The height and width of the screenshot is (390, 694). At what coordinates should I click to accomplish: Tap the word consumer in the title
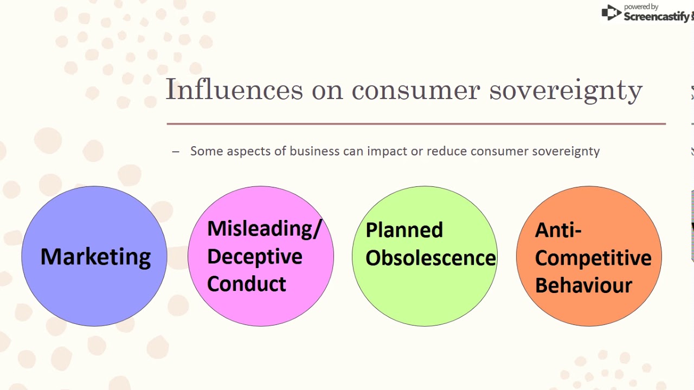[416, 90]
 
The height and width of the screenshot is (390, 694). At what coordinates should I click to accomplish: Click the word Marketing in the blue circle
[95, 257]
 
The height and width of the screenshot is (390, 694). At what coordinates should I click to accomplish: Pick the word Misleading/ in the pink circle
[264, 229]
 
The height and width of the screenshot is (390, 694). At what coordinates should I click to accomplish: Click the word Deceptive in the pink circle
[254, 256]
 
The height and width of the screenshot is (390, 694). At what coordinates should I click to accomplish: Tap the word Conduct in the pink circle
[246, 284]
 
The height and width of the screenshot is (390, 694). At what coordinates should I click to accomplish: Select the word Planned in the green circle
[404, 230]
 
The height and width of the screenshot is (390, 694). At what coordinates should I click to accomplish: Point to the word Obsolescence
[430, 258]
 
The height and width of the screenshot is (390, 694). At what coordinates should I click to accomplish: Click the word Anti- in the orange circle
[558, 230]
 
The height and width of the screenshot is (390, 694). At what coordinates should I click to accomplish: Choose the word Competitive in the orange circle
[593, 258]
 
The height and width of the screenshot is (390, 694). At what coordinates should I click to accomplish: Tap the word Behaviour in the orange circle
[583, 285]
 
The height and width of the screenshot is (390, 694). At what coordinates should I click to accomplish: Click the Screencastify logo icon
[611, 13]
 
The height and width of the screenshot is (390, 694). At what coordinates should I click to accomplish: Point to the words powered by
[641, 6]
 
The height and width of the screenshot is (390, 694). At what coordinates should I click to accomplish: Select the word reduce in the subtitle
[447, 151]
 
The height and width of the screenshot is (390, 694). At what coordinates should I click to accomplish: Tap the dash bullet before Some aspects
[175, 152]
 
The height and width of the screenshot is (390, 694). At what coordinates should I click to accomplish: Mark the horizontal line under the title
[416, 124]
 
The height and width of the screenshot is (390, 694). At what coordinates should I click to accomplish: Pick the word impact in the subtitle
[387, 152]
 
